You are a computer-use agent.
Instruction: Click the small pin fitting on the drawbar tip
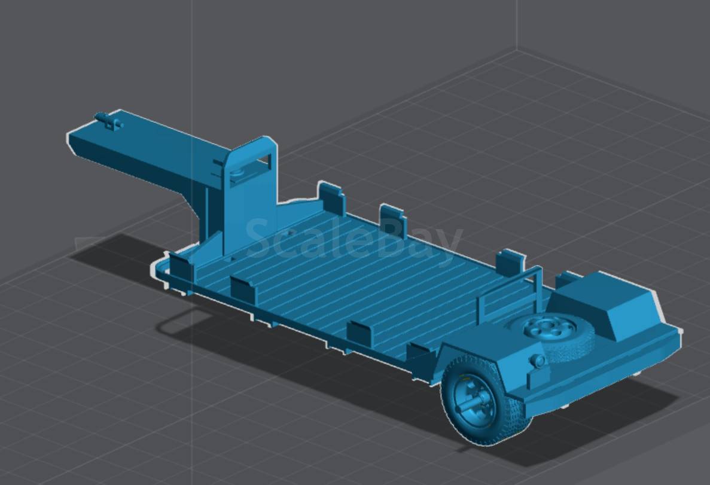109,121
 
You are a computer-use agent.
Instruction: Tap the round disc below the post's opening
237,173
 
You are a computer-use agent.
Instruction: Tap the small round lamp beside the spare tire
538,361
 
